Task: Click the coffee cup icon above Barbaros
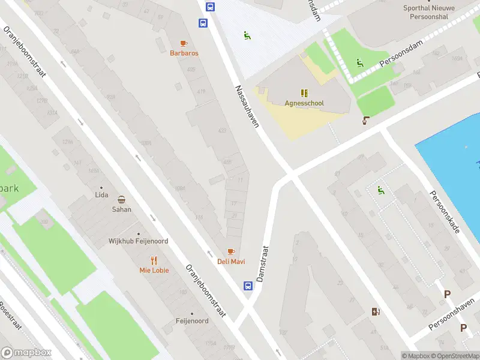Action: (184, 43)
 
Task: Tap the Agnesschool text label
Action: (304, 103)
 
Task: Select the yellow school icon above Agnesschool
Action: (304, 93)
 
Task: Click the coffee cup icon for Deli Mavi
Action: (231, 251)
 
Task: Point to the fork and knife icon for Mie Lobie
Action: (154, 260)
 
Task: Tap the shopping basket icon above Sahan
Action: (121, 200)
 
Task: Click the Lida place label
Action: (101, 195)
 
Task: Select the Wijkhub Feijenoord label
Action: (138, 241)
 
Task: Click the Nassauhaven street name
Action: (247, 106)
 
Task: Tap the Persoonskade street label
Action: (444, 212)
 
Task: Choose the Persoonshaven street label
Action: (454, 315)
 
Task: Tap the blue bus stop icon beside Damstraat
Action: (247, 286)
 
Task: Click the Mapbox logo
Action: (26, 353)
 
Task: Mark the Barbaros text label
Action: (184, 53)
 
